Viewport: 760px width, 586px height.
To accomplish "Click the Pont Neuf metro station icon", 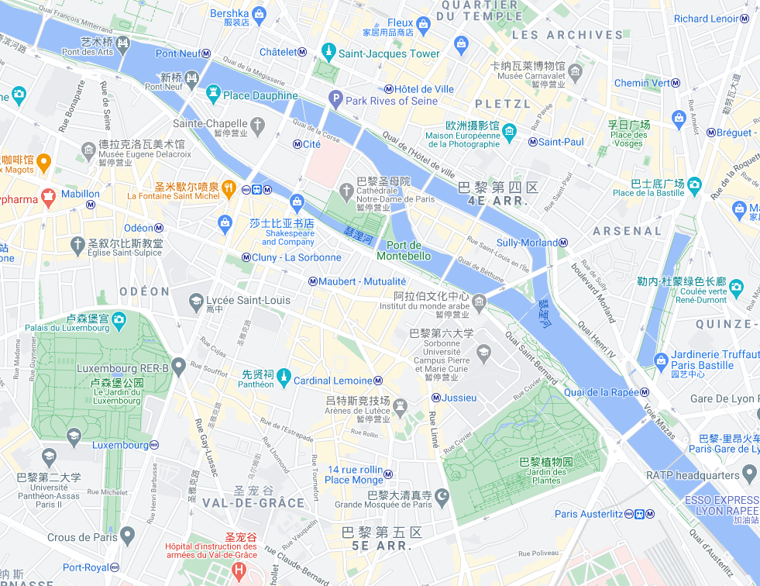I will pyautogui.click(x=206, y=53).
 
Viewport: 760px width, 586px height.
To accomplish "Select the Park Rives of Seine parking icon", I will pyautogui.click(x=335, y=98).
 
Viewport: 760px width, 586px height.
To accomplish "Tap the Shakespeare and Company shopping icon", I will pyautogui.click(x=297, y=202).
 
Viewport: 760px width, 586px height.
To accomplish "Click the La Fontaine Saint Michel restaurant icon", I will pyautogui.click(x=229, y=187).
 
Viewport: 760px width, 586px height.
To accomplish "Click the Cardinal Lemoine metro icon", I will pyautogui.click(x=378, y=381).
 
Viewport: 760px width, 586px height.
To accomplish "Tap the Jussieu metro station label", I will pyautogui.click(x=459, y=398).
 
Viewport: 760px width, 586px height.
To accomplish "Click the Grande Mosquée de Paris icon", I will pyautogui.click(x=442, y=495).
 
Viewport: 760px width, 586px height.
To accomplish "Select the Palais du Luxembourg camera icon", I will pyautogui.click(x=119, y=318).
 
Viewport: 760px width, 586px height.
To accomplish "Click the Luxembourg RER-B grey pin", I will pyautogui.click(x=179, y=364).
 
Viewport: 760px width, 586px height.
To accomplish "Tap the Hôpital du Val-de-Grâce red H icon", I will pyautogui.click(x=239, y=571).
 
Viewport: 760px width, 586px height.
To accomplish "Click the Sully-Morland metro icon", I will pyautogui.click(x=563, y=243).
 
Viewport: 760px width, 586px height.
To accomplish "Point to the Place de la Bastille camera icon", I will pyautogui.click(x=694, y=184).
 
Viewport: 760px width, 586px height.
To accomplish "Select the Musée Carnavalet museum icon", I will pyautogui.click(x=575, y=73).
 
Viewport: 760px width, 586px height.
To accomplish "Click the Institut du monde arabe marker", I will pyautogui.click(x=480, y=301).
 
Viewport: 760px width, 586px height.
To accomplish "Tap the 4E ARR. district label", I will pyautogui.click(x=498, y=201).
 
